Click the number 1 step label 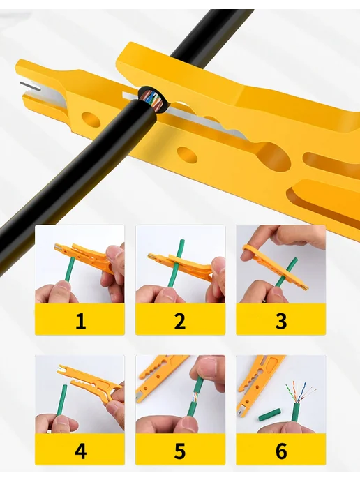click(80, 321)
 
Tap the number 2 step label click(180, 321)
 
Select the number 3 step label click(281, 321)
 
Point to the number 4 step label click(80, 451)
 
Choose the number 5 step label click(180, 451)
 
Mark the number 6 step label click(281, 451)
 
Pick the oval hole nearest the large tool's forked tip click(91, 119)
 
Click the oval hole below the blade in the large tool click(187, 154)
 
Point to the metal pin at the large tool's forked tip click(30, 86)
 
